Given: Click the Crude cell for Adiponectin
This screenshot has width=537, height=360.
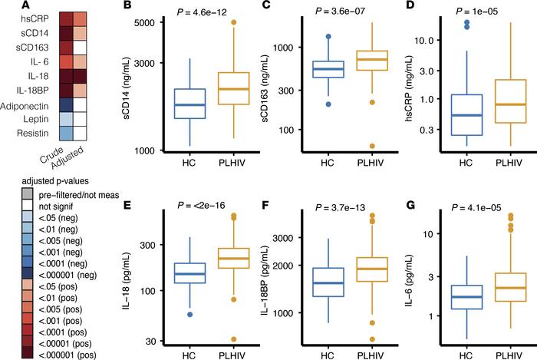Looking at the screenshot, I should pos(67,106).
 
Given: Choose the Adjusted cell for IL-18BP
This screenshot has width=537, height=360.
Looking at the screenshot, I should pos(81,91).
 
